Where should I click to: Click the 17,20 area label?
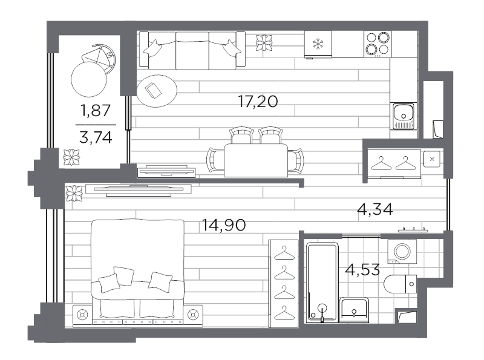pos(258,102)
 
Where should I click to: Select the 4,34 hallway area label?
pos(374,209)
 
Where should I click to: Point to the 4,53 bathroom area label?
pos(362,269)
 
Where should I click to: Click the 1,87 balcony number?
pos(95,110)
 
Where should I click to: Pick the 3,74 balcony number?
pos(96,137)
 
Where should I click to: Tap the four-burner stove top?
pos(377,44)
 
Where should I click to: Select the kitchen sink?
pos(404,116)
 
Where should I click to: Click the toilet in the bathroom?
pos(401,284)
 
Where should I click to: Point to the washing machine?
pos(402,251)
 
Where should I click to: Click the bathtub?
pos(322,282)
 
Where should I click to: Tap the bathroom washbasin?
pos(354,310)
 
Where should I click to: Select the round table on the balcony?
pos(88,79)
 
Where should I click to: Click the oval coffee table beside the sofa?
pos(157,91)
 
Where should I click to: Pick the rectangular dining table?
pos(256,160)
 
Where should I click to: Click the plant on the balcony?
pos(71,157)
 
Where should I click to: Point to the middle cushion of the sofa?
pos(192,51)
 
